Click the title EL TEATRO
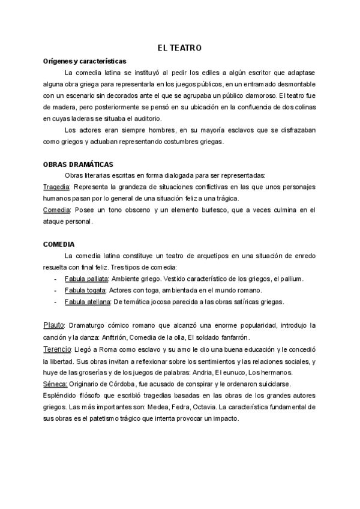pyautogui.click(x=180, y=47)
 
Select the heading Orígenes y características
pyautogui.click(x=85, y=61)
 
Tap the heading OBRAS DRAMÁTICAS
pyautogui.click(x=79, y=164)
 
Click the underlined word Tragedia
pyautogui.click(x=57, y=187)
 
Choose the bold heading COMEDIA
pyautogui.click(x=59, y=244)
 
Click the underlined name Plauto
pyautogui.click(x=54, y=325)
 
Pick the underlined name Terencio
pyautogui.click(x=58, y=349)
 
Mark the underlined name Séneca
pyautogui.click(x=55, y=384)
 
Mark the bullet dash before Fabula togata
pyautogui.click(x=56, y=290)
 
